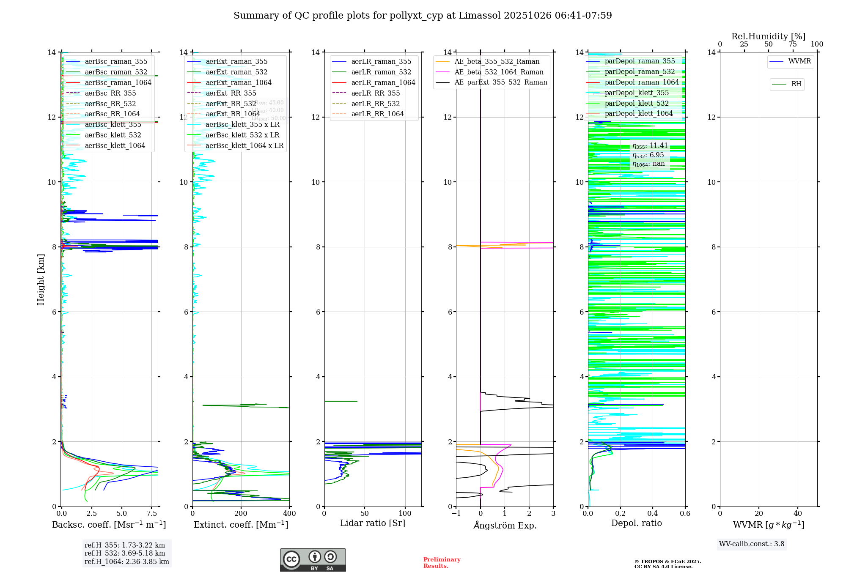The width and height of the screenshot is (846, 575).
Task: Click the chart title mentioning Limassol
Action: pos(423,16)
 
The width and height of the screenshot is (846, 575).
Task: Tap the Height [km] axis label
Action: pos(41,279)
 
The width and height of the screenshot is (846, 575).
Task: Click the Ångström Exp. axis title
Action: pos(505,526)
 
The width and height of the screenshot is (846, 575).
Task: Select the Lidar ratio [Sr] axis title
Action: pos(373,523)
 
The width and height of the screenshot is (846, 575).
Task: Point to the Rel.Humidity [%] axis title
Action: pos(768,36)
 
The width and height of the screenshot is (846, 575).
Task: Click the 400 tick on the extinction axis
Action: pos(289,514)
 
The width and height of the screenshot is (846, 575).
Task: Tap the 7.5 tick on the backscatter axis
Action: pos(151,514)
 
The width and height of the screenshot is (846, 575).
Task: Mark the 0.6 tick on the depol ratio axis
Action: pos(685,514)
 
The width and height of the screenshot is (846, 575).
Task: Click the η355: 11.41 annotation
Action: pos(650,146)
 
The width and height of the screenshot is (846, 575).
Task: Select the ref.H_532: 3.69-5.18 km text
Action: pos(125,553)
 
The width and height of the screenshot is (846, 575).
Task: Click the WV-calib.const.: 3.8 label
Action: pos(752,544)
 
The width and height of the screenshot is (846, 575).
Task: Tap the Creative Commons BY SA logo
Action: pos(313,560)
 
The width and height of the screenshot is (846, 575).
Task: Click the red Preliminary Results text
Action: pos(442,562)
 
